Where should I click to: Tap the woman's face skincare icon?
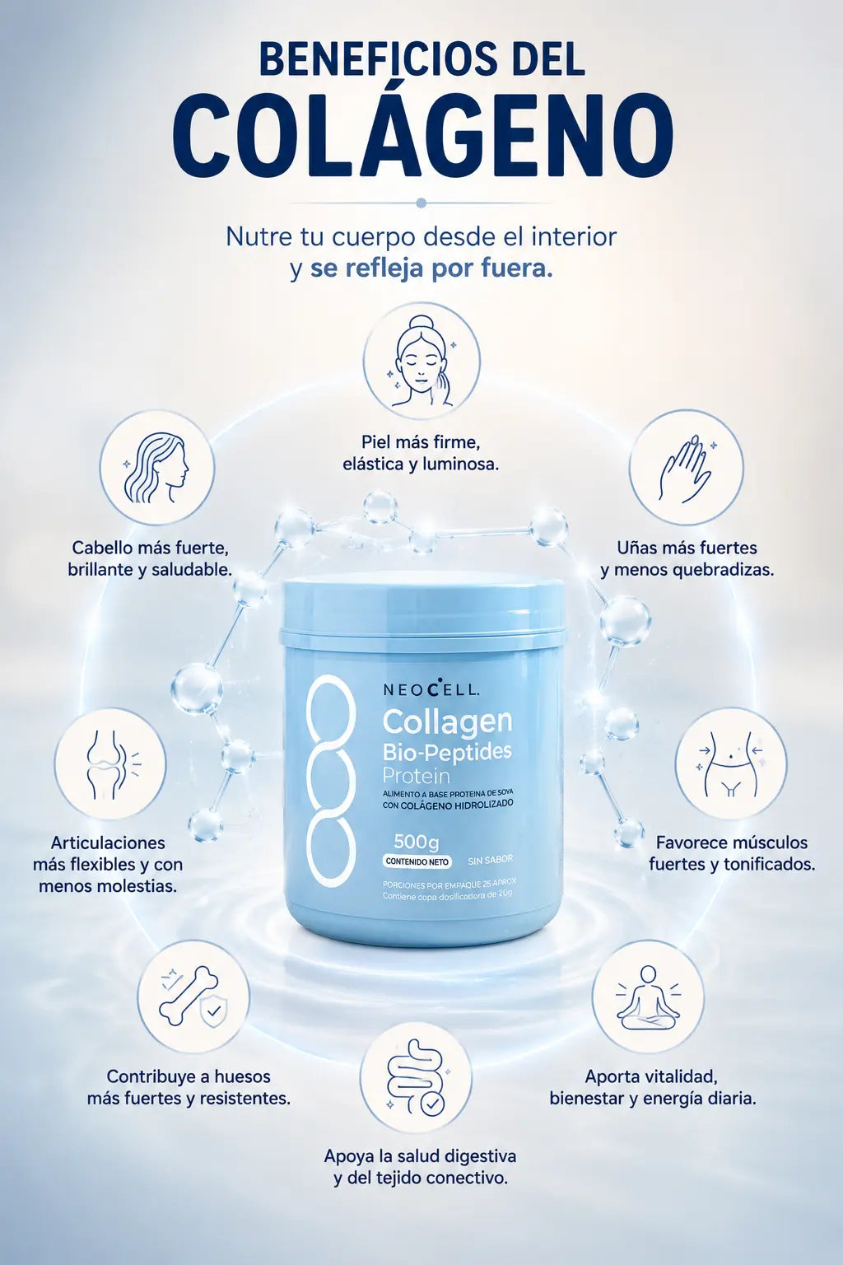[421, 361]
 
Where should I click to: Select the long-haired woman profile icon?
[157, 468]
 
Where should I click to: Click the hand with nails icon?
[686, 468]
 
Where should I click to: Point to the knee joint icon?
[110, 763]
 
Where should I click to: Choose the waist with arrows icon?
[731, 763]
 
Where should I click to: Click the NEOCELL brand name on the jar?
[431, 689]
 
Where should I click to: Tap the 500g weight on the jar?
[416, 842]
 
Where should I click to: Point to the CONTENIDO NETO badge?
[417, 861]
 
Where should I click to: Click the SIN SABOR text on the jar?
[490, 860]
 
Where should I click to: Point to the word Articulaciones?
[108, 843]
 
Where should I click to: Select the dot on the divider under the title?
[421, 203]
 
